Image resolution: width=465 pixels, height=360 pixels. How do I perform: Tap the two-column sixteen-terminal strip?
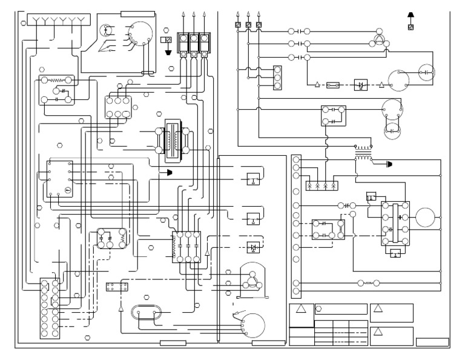tap(50, 308)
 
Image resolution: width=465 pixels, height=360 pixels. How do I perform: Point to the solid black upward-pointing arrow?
tap(411, 15)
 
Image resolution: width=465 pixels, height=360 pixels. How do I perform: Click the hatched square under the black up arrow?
tap(411, 27)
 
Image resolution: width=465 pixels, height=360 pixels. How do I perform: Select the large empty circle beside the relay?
tap(425, 216)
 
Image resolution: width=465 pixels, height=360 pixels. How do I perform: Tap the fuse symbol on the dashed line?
tap(332, 85)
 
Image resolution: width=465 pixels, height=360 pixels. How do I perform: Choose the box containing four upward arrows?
tap(322, 186)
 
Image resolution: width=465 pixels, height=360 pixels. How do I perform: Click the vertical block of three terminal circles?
tap(278, 77)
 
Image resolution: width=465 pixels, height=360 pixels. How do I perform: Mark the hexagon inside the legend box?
tap(319, 308)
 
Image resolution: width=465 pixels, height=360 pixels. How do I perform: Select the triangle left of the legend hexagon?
tap(301, 308)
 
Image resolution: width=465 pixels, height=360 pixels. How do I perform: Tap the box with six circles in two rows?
tap(117, 107)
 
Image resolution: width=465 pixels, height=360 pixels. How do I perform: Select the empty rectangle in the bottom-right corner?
tap(432, 342)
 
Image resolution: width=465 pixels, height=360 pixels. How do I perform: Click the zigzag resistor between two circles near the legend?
tap(368, 282)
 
